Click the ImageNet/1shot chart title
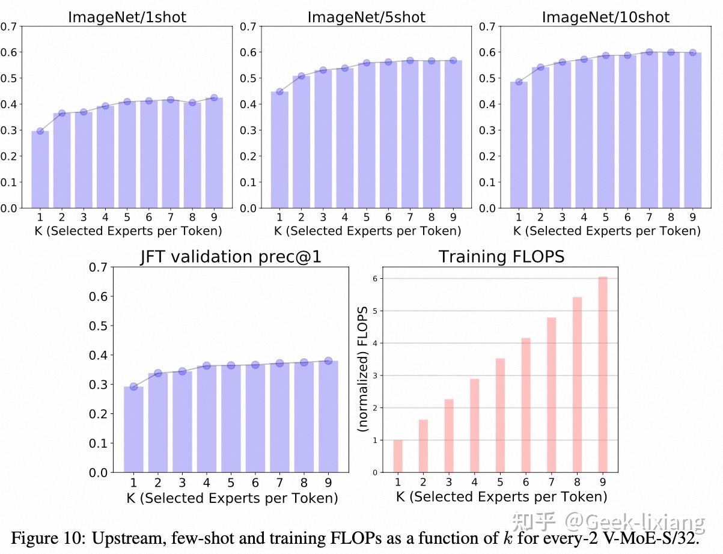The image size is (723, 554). (x=127, y=17)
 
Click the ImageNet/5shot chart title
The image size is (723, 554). (x=366, y=17)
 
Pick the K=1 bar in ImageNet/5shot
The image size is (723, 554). (x=279, y=150)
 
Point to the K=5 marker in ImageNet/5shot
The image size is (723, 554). (x=367, y=63)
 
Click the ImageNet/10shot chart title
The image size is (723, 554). (x=605, y=17)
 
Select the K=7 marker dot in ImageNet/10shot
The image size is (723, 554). (x=649, y=52)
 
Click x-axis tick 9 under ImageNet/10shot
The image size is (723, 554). (x=693, y=217)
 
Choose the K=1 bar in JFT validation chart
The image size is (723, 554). (x=133, y=430)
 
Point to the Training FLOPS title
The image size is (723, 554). (x=501, y=257)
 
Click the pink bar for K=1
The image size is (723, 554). (x=398, y=456)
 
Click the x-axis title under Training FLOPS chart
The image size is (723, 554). (x=501, y=496)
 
